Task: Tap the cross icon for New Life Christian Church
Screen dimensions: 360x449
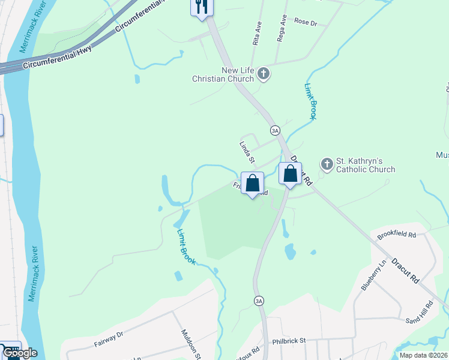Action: (x=263, y=74)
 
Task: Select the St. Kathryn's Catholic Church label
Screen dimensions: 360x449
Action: (x=365, y=165)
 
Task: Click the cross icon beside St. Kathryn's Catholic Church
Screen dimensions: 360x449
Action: (x=327, y=163)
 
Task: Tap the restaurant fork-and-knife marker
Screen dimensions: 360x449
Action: (x=201, y=7)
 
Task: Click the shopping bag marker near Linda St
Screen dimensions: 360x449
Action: (x=253, y=183)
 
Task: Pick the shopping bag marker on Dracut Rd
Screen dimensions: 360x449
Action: (x=291, y=174)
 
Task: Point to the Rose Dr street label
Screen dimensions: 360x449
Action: (x=306, y=22)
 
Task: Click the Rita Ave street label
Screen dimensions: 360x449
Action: (x=257, y=34)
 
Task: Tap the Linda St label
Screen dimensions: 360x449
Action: (x=247, y=152)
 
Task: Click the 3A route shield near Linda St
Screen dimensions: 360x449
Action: (x=275, y=130)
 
